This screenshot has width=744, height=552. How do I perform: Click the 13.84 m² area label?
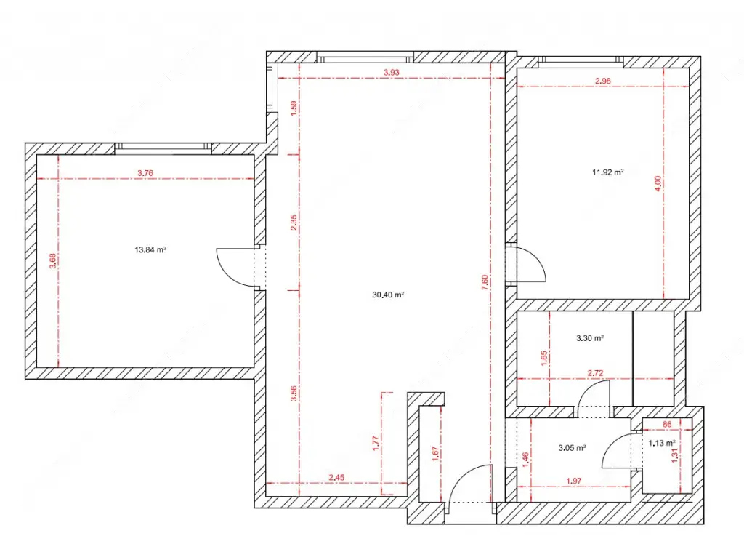150,249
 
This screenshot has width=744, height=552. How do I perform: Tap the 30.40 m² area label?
388,295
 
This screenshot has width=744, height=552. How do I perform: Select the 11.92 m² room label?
607,172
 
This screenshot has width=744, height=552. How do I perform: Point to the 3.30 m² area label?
590,338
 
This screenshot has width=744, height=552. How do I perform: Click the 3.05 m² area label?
572,447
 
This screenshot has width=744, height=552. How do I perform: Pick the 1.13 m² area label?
662,443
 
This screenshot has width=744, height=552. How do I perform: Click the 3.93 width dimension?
392,72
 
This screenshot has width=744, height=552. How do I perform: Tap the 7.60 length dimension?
485,283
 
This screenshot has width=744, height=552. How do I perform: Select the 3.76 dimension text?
145,173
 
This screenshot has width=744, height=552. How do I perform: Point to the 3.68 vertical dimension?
52,261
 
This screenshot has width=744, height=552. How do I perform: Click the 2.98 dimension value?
602,81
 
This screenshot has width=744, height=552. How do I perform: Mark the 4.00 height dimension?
657,184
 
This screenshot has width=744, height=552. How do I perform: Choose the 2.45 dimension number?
336,477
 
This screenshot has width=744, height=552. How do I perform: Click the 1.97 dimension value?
574,481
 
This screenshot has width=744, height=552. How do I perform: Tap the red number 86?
667,424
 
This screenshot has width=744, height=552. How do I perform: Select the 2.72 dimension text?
595,373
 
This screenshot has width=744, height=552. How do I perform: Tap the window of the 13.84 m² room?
163,148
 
